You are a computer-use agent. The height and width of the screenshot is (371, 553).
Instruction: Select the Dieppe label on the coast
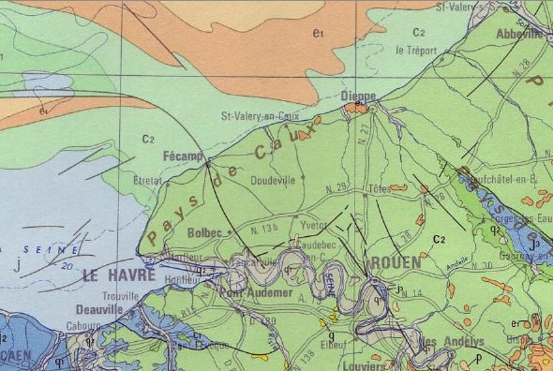(x=358, y=96)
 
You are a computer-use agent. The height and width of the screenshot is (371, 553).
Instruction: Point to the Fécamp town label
(x=183, y=156)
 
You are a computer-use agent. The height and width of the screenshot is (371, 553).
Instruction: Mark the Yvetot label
(x=313, y=227)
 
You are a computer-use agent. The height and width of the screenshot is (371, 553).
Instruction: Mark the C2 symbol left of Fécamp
(x=148, y=139)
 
